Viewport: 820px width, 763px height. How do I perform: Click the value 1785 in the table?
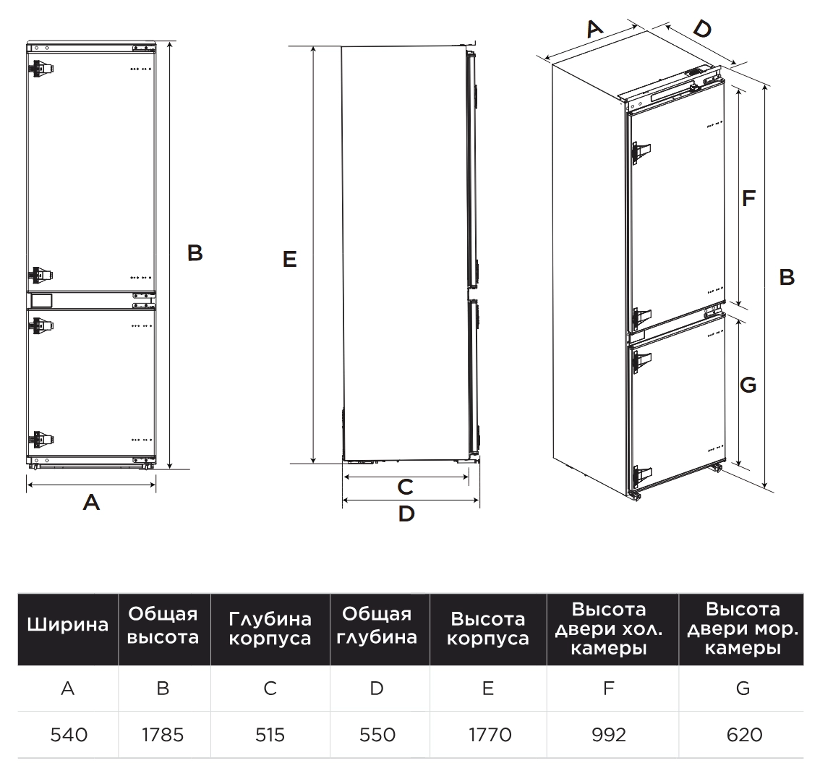point(163,736)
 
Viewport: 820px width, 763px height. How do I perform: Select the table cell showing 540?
point(69,736)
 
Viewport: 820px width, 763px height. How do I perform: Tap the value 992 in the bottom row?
point(608,736)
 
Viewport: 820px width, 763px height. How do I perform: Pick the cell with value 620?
point(744,736)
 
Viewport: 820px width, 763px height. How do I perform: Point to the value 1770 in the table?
point(489,736)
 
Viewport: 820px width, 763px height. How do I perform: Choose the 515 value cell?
point(270,736)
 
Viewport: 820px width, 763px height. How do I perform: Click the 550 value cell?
point(377,736)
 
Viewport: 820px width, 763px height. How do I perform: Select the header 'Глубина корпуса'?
point(270,628)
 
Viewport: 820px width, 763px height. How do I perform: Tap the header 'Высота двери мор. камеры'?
point(743,628)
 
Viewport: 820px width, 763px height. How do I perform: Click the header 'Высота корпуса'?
point(488,628)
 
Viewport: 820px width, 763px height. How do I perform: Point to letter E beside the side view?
point(290,259)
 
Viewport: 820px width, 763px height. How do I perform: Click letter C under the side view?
point(406,487)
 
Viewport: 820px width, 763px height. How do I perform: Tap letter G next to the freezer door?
point(748,385)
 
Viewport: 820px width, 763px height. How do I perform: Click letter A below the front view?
point(91,501)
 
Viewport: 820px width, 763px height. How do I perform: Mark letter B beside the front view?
point(195,253)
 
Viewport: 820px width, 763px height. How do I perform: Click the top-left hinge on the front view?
point(40,69)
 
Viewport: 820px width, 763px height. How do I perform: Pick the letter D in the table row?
point(377,689)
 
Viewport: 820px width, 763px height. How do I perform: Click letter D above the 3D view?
point(701,29)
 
